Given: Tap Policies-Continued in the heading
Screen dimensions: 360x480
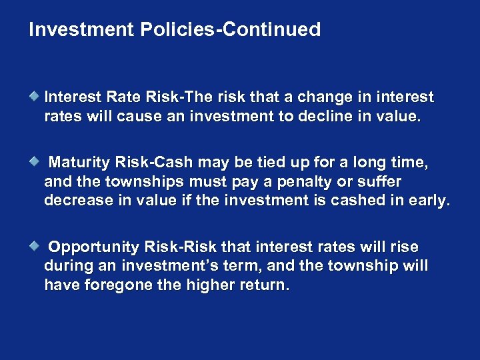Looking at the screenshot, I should (231, 30).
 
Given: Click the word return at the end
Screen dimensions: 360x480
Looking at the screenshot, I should (265, 285).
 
